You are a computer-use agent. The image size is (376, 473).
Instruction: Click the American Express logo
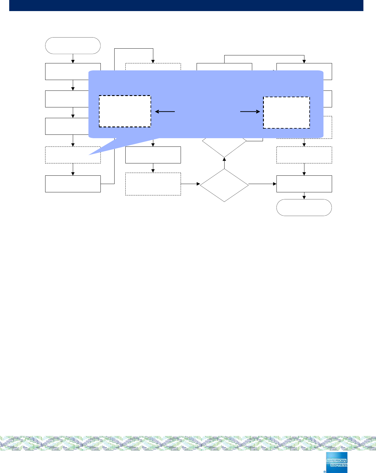[336, 462]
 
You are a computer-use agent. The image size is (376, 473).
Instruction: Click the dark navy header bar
[186, 5]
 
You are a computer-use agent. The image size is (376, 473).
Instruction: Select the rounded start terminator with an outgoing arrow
[73, 46]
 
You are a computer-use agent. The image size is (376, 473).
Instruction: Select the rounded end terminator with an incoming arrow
[304, 207]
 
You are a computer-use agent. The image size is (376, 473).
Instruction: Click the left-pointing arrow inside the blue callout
[165, 111]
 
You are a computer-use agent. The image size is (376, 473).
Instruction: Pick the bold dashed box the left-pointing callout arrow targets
[125, 111]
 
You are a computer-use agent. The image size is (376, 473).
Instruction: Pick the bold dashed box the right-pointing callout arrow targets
[286, 113]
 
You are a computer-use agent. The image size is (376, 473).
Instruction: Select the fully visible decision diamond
[224, 185]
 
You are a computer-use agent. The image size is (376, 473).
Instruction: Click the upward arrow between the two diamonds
[224, 163]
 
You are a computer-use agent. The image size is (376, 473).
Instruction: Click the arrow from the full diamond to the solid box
[262, 184]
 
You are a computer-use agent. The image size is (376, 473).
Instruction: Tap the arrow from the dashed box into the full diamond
[190, 184]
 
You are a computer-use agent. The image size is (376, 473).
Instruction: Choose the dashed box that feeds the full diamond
[153, 184]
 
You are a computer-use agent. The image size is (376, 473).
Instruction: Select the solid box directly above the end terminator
[304, 184]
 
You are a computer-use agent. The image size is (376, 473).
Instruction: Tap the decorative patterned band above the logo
[188, 443]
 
